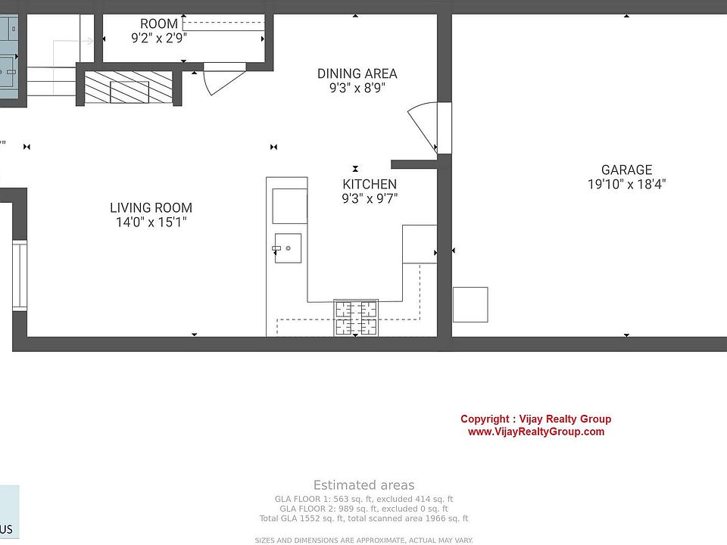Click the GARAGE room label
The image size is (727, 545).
(x=626, y=170)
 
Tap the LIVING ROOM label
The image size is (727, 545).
(x=151, y=207)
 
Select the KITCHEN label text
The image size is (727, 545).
(x=370, y=184)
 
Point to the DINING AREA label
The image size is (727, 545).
(x=357, y=73)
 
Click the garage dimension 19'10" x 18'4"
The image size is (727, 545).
(x=627, y=184)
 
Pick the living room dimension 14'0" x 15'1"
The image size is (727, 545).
(x=151, y=222)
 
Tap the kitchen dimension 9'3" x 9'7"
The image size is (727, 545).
(x=370, y=198)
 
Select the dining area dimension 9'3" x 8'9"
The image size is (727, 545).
(x=357, y=88)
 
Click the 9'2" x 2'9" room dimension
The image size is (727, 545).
(x=159, y=38)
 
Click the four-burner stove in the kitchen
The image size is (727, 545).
(x=356, y=317)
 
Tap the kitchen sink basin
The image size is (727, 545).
(x=288, y=248)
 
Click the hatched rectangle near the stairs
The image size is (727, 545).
(x=129, y=87)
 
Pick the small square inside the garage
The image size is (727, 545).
(x=470, y=304)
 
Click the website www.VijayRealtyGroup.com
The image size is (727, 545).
(x=536, y=431)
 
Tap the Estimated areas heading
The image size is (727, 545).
(x=364, y=485)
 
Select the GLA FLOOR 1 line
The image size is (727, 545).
(x=364, y=499)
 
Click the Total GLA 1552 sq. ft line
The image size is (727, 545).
(x=364, y=519)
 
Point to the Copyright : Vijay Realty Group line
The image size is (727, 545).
(x=536, y=419)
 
